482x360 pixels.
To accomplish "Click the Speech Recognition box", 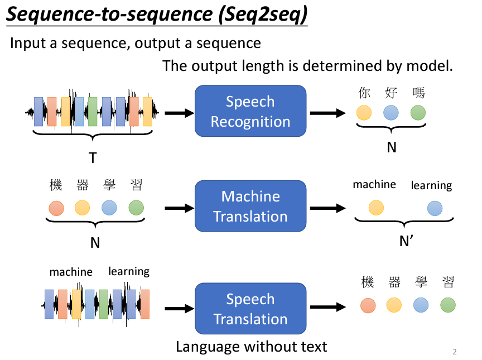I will tap(250, 111).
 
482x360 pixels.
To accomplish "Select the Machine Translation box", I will tap(250, 206).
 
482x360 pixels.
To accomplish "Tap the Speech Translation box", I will tap(250, 309).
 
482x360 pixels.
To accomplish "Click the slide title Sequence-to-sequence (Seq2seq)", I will tap(157, 16).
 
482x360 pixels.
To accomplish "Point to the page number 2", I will tap(455, 352).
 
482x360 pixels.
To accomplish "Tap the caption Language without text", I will tap(251, 347).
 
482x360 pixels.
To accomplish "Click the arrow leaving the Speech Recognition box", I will tap(328, 113).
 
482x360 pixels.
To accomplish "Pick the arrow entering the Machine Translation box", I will tap(179, 208).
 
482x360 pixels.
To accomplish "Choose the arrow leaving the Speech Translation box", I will tap(328, 307).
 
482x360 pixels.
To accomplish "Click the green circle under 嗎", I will tap(418, 113).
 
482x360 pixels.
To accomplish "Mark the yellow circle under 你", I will tap(364, 113).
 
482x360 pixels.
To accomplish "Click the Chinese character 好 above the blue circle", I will tap(391, 93).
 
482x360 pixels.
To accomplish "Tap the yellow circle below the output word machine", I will tap(376, 208).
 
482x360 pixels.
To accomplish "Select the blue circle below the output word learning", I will tap(435, 208).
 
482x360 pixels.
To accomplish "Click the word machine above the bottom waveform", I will tap(71, 272).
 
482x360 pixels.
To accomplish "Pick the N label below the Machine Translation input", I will tap(95, 243).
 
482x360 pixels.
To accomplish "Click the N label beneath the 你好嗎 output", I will tap(392, 147).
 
